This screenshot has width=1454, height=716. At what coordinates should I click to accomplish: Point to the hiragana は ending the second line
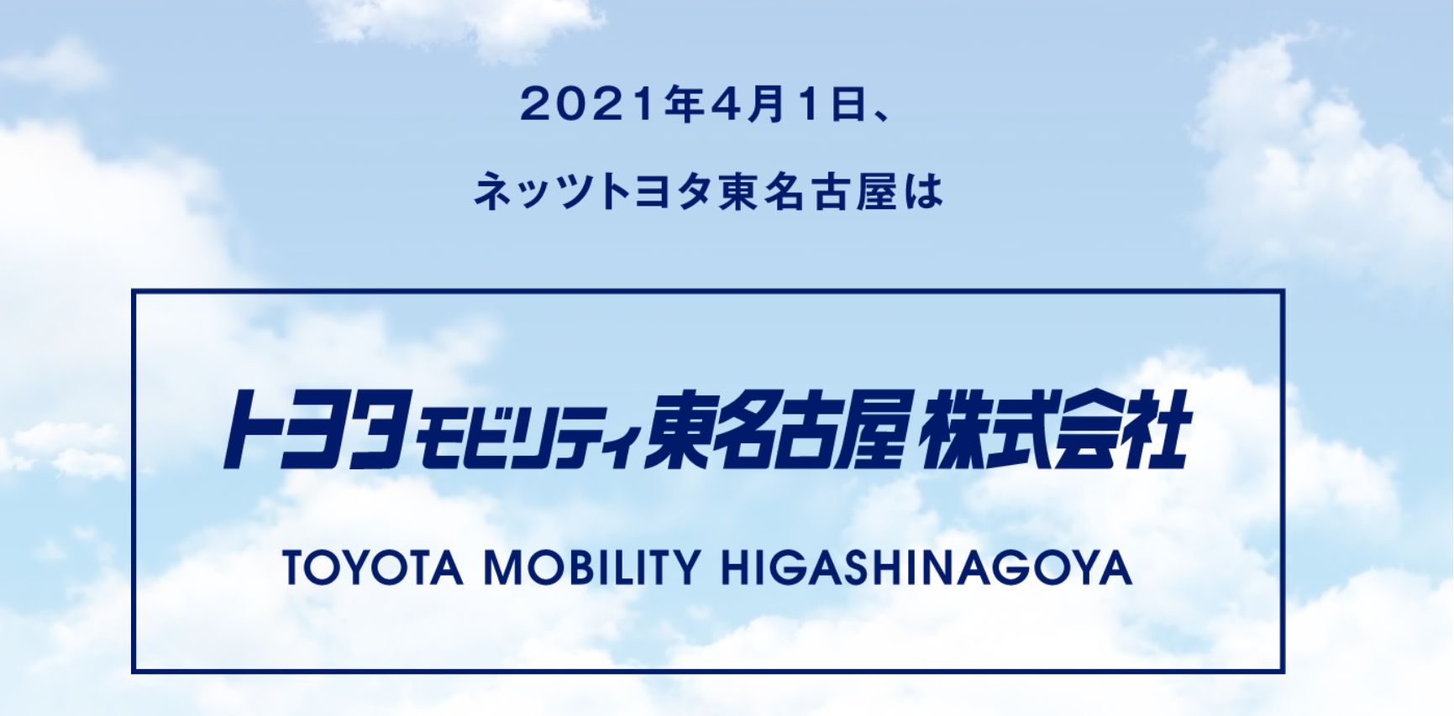tap(924, 191)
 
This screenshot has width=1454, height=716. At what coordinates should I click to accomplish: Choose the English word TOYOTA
tap(373, 567)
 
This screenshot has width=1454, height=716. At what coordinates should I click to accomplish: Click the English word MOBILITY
tap(591, 567)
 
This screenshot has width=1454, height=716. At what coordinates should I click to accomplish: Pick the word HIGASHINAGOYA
tap(926, 567)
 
